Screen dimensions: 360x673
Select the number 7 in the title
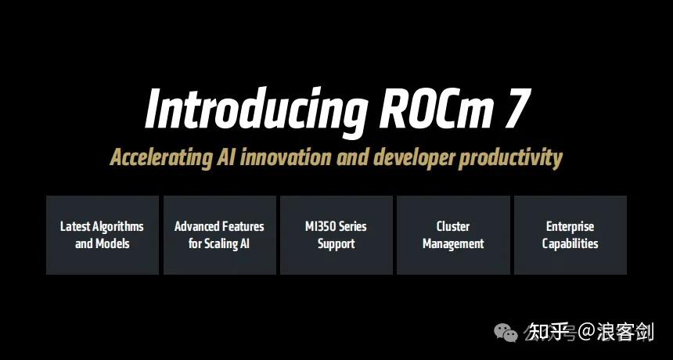(514, 110)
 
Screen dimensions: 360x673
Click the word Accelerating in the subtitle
(161, 157)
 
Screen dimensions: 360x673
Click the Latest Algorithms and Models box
(102, 235)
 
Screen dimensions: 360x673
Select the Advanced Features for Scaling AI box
(219, 235)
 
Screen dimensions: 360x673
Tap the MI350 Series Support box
(336, 235)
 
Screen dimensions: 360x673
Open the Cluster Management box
(453, 235)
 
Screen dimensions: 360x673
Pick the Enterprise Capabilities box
(570, 235)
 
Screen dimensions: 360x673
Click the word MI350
(321, 226)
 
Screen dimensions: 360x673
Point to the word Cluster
(453, 226)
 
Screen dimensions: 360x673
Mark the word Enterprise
(570, 226)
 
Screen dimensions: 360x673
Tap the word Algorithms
(118, 226)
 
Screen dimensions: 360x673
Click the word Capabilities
(570, 243)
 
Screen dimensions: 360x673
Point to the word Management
(453, 243)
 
